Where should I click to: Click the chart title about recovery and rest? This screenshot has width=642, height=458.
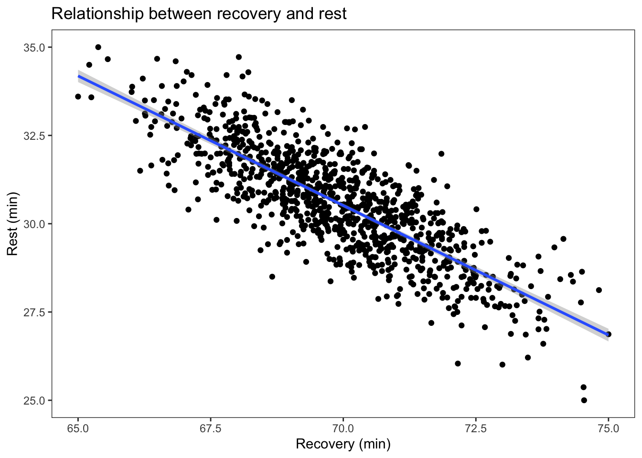pos(199,14)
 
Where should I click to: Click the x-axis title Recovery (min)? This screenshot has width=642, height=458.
pos(343,444)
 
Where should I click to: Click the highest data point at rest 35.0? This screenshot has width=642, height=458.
pos(98,47)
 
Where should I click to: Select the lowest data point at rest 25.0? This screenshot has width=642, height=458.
pos(584,400)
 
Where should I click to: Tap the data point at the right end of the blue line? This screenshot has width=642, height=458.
pos(608,334)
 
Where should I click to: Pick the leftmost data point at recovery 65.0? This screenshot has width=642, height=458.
pos(78,96)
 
